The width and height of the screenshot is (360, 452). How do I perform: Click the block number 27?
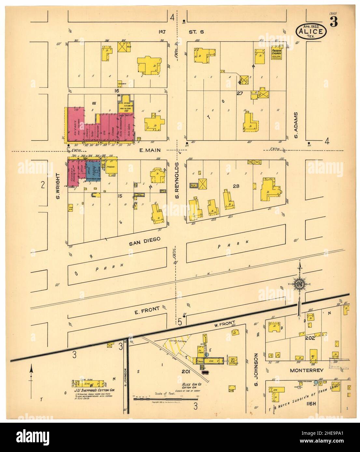point(240,93)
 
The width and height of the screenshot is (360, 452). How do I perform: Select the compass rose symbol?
point(299,284)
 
